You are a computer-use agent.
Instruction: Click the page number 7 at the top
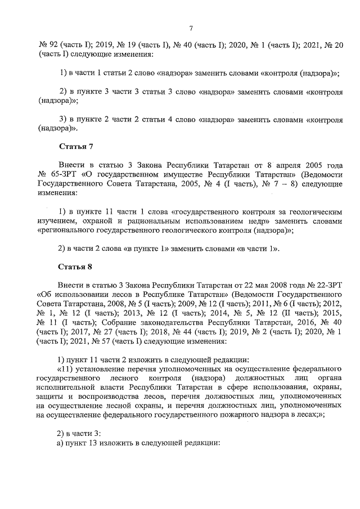coord(191,28)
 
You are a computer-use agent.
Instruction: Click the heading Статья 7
coord(75,147)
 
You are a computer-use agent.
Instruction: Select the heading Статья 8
coord(75,267)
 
